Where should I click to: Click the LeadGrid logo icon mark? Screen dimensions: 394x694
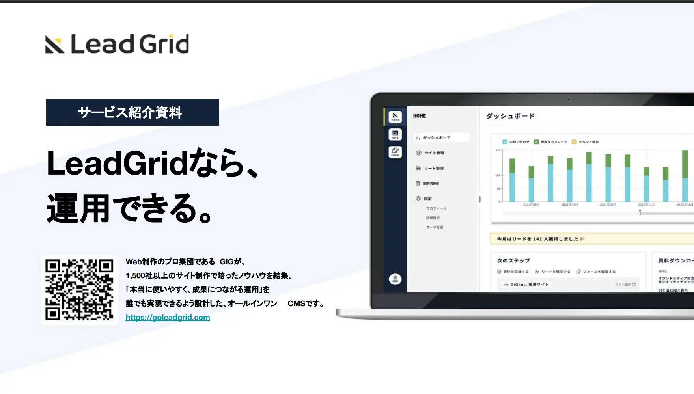click(54, 44)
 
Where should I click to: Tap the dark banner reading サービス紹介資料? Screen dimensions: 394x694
click(132, 112)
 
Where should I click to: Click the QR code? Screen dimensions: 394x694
click(79, 290)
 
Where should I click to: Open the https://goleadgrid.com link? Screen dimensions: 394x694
click(168, 317)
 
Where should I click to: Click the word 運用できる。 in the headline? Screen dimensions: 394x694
click(130, 208)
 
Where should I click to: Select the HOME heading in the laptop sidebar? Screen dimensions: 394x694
click(420, 116)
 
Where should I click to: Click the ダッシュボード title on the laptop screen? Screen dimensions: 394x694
click(510, 116)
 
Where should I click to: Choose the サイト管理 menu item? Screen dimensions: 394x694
click(434, 153)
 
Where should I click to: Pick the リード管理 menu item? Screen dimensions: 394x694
click(433, 168)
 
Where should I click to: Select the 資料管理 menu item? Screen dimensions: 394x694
click(431, 183)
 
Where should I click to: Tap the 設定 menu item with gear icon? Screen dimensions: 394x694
click(427, 199)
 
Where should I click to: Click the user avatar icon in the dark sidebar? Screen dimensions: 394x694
click(395, 279)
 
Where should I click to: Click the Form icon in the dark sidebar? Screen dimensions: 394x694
click(395, 152)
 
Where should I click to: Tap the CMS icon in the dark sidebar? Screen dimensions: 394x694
click(395, 134)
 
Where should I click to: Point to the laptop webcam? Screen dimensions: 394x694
click(569, 100)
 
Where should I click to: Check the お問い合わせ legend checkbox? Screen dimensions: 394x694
click(505, 142)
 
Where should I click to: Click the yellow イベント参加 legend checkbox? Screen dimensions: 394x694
click(574, 142)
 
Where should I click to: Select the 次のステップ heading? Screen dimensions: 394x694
click(513, 260)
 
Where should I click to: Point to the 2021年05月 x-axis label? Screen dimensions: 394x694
click(531, 205)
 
